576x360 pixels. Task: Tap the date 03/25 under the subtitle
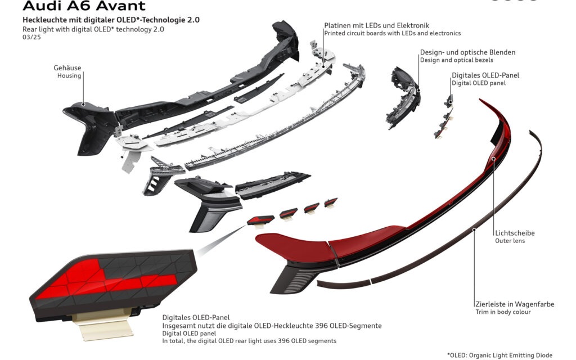(x=31, y=37)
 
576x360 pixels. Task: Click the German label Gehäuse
(x=67, y=67)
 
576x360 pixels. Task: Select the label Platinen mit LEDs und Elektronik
(x=376, y=25)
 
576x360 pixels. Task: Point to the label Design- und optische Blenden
(x=467, y=52)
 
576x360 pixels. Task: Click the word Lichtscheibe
(x=515, y=233)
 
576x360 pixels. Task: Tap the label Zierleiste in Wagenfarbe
(x=515, y=304)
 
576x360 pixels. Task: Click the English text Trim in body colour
(x=503, y=312)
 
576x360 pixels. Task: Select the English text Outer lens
(x=510, y=241)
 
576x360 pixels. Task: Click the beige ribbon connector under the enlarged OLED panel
(x=102, y=325)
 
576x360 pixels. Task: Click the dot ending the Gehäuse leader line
(x=83, y=104)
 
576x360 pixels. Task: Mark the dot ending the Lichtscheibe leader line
(x=494, y=159)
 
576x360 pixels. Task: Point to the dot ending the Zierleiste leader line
(x=474, y=230)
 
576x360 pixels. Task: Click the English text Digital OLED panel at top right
(x=479, y=83)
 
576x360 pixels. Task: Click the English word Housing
(x=69, y=76)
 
